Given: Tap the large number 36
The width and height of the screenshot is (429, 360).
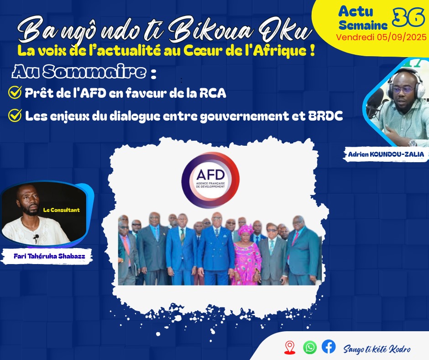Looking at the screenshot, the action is coord(408,17).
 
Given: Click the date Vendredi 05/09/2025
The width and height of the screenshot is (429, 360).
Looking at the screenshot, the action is coord(382,37).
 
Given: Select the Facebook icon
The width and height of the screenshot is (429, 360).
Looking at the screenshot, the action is coord(329,347).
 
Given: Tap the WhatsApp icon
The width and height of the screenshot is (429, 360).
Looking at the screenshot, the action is coord(310,347).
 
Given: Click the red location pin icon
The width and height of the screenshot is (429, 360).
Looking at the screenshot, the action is coord(290,347).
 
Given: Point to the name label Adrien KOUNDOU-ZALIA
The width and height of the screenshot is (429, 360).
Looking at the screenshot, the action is coord(386,154).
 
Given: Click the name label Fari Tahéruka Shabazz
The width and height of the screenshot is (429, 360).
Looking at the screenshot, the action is coord(49,256).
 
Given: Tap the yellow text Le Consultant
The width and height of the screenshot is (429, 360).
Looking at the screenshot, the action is coord(61,210).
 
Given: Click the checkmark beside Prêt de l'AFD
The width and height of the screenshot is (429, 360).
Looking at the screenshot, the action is coord(15,93).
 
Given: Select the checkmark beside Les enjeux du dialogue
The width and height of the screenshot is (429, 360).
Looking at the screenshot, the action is coord(15,115).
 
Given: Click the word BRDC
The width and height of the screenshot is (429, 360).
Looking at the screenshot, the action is coord(325,116).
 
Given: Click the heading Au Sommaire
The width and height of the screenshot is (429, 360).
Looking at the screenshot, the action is coord(79,72).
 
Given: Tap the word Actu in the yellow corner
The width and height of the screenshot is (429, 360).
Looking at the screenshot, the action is coord(356,12).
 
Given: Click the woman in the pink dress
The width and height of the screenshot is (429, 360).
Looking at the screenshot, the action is coord(246,255).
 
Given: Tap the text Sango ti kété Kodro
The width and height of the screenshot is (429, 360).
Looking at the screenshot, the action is coord(377,349).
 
